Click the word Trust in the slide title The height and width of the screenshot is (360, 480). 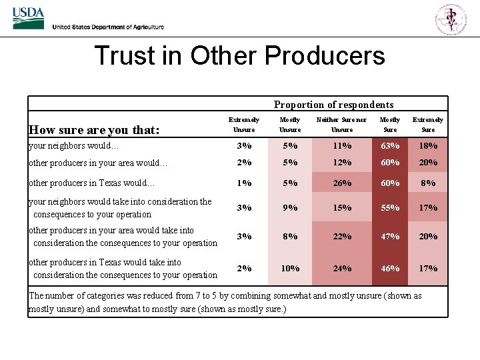pyautogui.click(x=119, y=55)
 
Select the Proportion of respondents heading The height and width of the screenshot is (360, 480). pyautogui.click(x=333, y=105)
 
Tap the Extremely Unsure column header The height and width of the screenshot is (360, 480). pyautogui.click(x=244, y=124)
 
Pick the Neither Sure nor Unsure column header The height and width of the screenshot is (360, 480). pyautogui.click(x=341, y=124)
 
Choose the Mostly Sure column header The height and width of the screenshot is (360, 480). pyautogui.click(x=390, y=124)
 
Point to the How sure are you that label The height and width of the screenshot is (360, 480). pyautogui.click(x=94, y=130)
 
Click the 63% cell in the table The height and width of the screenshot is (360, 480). pyautogui.click(x=390, y=146)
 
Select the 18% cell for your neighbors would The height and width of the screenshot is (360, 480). pyautogui.click(x=428, y=146)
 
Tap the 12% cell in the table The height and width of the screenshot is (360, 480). pyautogui.click(x=342, y=163)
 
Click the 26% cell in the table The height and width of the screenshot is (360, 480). pyautogui.click(x=342, y=183)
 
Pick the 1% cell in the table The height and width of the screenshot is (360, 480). pyautogui.click(x=245, y=183)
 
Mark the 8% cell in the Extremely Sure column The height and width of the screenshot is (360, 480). pyautogui.click(x=428, y=183)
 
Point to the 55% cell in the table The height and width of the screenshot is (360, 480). pyautogui.click(x=390, y=208)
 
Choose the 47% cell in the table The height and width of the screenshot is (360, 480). pyautogui.click(x=390, y=237)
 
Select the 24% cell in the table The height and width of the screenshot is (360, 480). pyautogui.click(x=342, y=269)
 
